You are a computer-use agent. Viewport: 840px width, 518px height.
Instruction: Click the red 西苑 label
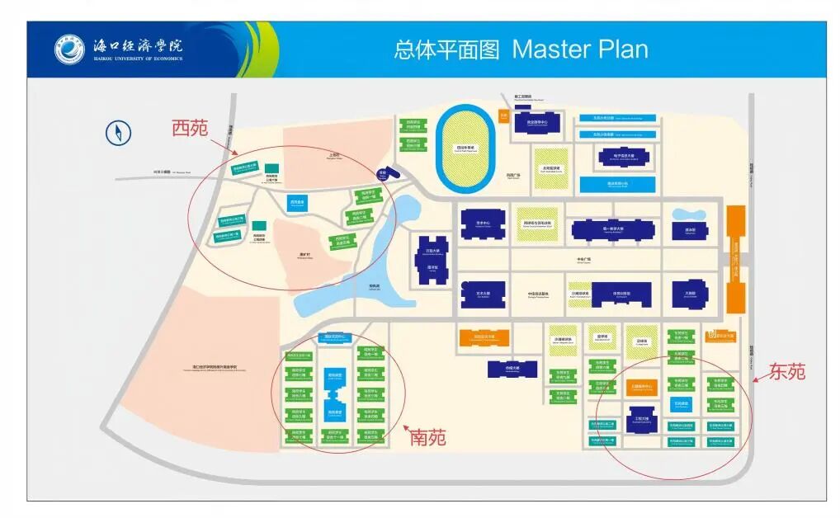tap(190, 128)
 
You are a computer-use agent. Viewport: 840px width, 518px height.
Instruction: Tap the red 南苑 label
tap(428, 437)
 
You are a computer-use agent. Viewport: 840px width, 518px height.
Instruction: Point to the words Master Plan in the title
tap(579, 49)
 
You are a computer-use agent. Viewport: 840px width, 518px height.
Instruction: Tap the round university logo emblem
tap(70, 50)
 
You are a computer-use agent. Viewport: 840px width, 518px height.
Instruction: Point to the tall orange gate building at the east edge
tap(735, 260)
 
